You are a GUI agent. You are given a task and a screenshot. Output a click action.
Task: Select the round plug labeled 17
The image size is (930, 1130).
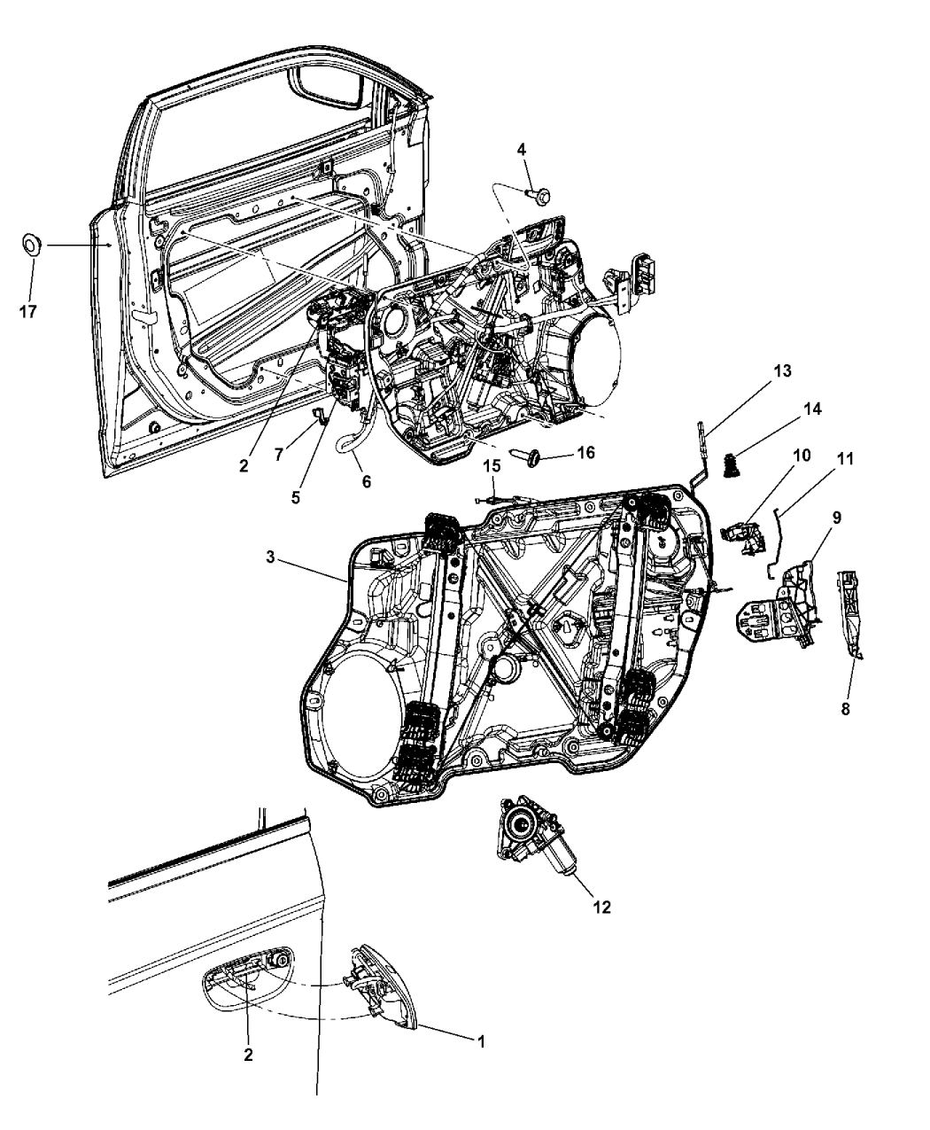[32, 244]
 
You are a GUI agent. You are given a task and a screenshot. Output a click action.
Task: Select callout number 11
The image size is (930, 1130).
[845, 460]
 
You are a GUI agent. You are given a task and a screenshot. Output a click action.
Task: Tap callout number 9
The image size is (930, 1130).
[835, 517]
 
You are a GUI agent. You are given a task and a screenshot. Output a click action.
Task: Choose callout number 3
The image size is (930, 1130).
[273, 557]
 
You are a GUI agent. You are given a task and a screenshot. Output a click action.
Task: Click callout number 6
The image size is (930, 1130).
[366, 482]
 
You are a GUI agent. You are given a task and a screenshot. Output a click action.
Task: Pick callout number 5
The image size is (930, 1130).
[295, 497]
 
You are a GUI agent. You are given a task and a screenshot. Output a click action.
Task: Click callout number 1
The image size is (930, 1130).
[481, 1042]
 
